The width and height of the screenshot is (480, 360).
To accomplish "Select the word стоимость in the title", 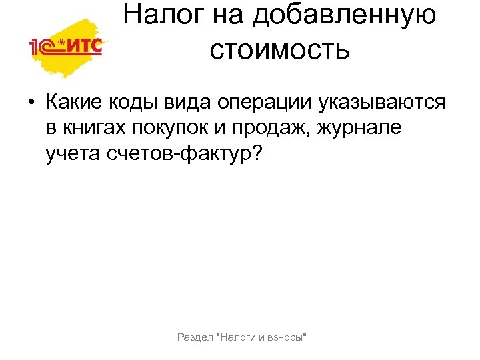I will pyautogui.click(x=279, y=49).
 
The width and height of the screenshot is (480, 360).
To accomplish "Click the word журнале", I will pyautogui.click(x=361, y=128).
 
